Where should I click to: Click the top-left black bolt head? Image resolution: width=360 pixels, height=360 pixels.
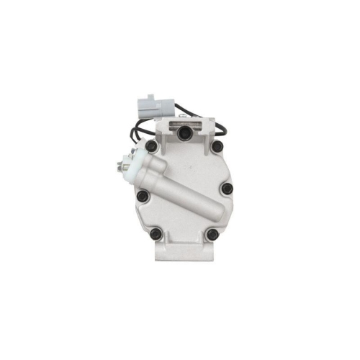click(151, 146)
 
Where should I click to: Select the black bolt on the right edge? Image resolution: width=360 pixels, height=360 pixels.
click(228, 189)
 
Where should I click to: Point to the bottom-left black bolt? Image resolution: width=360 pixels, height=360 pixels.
click(156, 233)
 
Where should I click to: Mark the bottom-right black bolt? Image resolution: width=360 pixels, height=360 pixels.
click(211, 234)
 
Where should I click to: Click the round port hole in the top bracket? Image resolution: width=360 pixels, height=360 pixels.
click(184, 132)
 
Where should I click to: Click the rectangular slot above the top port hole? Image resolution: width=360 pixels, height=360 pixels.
click(183, 122)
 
